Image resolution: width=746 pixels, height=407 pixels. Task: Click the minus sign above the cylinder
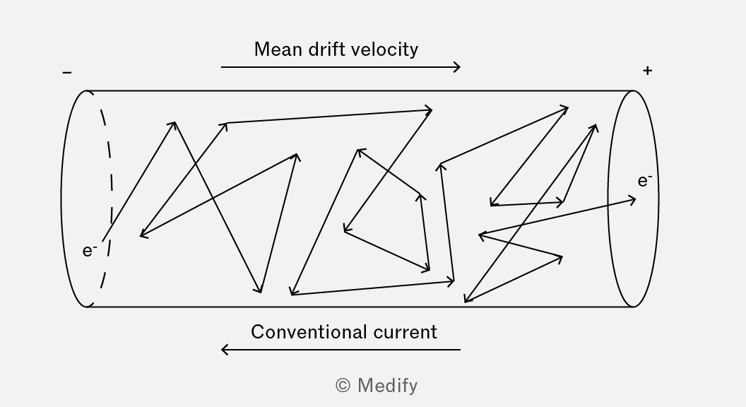tap(67, 72)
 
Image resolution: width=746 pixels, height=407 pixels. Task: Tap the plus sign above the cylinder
tap(647, 71)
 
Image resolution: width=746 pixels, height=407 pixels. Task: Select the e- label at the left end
tap(90, 250)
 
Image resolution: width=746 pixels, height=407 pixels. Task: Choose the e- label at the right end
tap(645, 180)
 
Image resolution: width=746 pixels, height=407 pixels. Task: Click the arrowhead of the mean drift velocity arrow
tap(457, 67)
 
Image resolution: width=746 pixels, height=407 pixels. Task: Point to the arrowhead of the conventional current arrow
tap(225, 350)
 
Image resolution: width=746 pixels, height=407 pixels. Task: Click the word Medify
tap(388, 386)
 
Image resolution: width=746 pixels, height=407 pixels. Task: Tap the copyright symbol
tap(343, 385)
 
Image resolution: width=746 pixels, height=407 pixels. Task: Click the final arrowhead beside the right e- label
tap(632, 200)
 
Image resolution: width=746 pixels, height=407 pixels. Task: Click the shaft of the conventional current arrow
tap(341, 350)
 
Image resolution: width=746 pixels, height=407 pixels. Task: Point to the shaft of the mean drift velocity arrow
tap(341, 67)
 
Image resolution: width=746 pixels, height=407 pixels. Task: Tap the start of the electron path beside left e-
tap(102, 241)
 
